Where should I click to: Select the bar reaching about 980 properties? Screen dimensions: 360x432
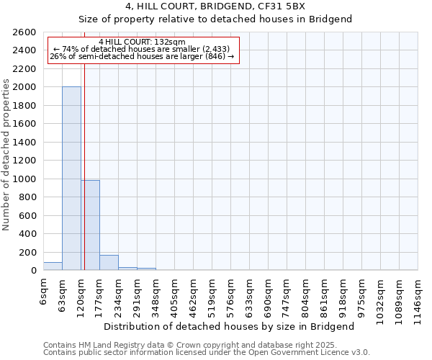pyautogui.click(x=90, y=225)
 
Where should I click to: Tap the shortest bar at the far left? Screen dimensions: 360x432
pyautogui.click(x=53, y=266)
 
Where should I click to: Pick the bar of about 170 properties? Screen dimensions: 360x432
pyautogui.click(x=109, y=263)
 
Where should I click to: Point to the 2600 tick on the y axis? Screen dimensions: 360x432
pyautogui.click(x=25, y=32)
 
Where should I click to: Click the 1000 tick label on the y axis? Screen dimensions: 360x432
pyautogui.click(x=25, y=179)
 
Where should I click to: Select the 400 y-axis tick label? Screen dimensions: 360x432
pyautogui.click(x=28, y=234)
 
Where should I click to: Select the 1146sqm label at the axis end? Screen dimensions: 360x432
pyautogui.click(x=418, y=297)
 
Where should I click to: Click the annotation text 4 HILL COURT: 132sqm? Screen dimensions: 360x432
pyautogui.click(x=143, y=42)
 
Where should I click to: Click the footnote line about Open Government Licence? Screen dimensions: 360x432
pyautogui.click(x=207, y=353)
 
